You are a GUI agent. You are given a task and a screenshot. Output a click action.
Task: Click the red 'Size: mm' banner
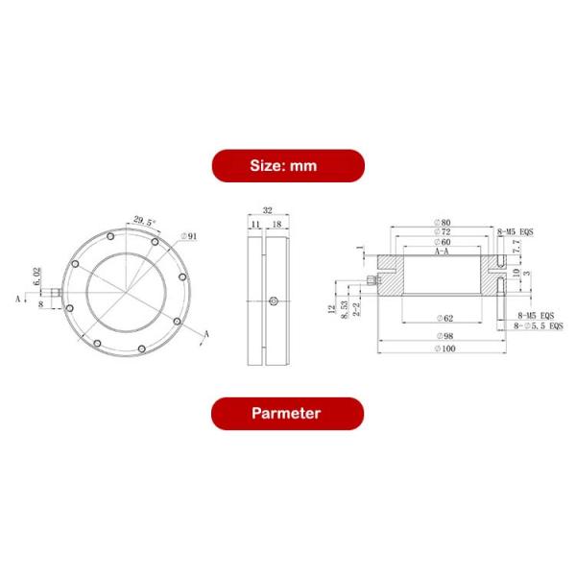(288, 165)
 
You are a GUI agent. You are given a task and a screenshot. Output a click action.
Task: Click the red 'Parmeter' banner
(288, 414)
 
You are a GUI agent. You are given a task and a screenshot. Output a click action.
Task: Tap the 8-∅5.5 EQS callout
(539, 327)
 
